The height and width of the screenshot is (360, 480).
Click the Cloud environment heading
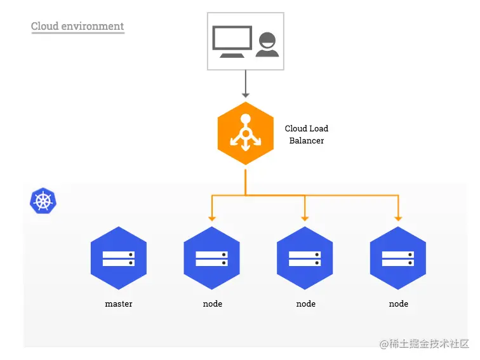[77, 27]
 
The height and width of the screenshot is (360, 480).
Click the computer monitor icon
[231, 41]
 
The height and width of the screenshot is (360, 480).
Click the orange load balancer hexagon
[245, 133]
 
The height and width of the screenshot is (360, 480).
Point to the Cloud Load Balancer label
[307, 135]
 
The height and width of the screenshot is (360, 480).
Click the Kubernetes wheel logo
[43, 201]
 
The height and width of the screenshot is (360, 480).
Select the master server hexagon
[119, 258]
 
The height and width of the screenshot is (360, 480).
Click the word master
[119, 304]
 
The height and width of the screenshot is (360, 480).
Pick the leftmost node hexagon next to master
[211, 258]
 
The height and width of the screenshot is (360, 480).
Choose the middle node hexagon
[305, 258]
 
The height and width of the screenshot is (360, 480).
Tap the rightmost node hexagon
[398, 258]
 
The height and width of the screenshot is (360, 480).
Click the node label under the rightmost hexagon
[398, 304]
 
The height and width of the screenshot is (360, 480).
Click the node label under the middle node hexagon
[305, 304]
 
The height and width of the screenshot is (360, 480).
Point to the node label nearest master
[212, 304]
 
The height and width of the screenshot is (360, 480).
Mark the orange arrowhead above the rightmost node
[398, 218]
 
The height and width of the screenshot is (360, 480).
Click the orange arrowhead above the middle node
[305, 218]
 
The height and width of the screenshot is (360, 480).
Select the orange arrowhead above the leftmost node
[212, 218]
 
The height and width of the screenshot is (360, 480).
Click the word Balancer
[307, 140]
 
